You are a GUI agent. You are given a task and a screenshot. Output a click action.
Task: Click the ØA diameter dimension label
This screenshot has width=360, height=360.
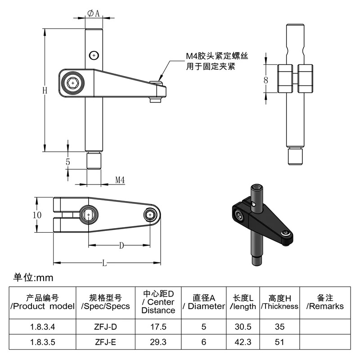(x=94, y=13)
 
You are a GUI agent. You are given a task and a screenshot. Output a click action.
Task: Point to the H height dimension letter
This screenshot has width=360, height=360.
(x=45, y=90)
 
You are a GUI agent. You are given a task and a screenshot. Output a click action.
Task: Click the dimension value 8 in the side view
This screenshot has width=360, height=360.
(x=265, y=80)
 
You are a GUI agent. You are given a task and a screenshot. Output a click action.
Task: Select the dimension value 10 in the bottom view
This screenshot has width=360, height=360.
(x=37, y=215)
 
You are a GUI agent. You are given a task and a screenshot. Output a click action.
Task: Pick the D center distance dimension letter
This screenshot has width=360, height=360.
(x=121, y=246)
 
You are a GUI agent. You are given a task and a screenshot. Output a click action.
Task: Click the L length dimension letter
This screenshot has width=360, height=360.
(x=104, y=263)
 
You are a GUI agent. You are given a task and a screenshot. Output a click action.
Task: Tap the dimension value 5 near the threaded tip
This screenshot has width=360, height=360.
(x=68, y=162)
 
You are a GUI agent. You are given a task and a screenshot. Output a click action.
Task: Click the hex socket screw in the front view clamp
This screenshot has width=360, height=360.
(x=73, y=83)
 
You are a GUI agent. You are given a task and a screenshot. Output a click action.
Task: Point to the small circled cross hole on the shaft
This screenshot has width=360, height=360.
(x=94, y=55)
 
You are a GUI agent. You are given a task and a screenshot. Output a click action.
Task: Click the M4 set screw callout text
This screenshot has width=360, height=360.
(x=216, y=61)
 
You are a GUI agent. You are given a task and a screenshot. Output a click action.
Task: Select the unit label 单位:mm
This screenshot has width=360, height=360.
(x=33, y=278)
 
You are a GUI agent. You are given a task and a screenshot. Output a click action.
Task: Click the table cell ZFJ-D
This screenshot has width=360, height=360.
(x=105, y=327)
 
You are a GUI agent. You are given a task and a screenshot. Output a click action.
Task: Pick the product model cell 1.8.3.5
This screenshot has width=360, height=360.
(x=42, y=342)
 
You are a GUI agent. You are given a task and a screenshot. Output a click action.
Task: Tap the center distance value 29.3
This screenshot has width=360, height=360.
(x=158, y=342)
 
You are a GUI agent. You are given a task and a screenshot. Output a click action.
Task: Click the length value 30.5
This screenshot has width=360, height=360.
(x=243, y=327)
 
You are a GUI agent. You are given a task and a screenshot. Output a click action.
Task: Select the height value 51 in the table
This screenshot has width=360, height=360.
(x=279, y=342)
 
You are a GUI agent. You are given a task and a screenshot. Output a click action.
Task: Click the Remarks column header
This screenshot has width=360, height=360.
(x=325, y=302)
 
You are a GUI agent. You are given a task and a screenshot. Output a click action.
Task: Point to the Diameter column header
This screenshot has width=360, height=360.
(x=204, y=302)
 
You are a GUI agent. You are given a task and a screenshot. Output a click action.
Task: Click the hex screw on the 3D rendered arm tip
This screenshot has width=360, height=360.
(x=285, y=233)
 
